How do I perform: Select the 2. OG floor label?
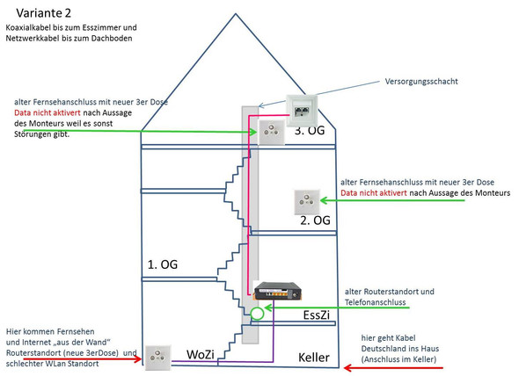point(315,221)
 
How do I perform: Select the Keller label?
point(313,358)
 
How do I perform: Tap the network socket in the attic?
point(300,109)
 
